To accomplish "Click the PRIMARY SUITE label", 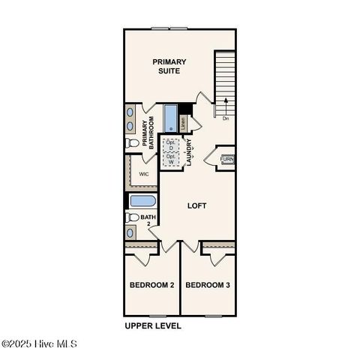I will coord(169,66).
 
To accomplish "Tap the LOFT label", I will coord(196,205).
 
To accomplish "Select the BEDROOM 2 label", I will coord(151,286).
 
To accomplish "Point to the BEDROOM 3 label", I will coord(208,286).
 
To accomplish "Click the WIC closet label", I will coord(144,174).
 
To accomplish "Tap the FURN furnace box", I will coord(226,159).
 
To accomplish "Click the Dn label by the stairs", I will coord(225,118).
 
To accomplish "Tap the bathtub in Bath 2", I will coord(142,201).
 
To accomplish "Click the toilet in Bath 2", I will coord(132,217).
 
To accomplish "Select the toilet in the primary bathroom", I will coord(131,142).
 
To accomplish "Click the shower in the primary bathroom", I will coord(169,118).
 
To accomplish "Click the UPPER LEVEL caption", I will coord(152,326).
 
